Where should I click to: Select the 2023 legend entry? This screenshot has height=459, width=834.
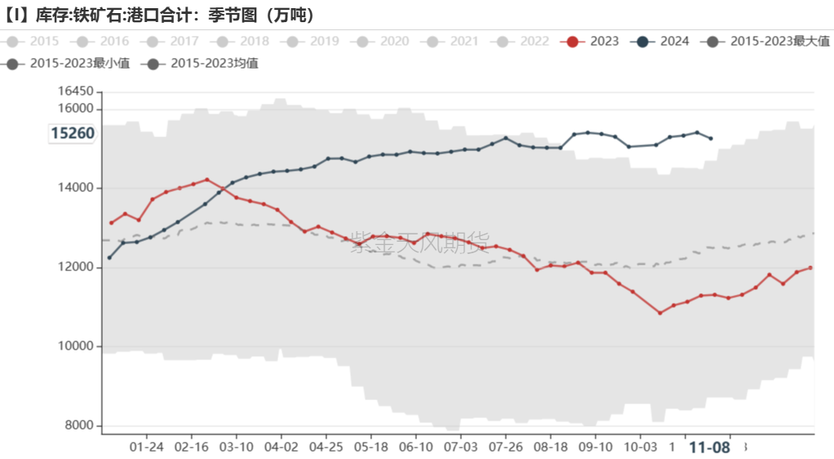point(592,41)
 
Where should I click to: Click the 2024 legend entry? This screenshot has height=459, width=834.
point(663,41)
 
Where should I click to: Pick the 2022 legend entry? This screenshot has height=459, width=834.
point(522,41)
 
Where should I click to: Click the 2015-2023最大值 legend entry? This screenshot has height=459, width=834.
point(767,41)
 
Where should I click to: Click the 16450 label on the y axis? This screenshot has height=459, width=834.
point(75,91)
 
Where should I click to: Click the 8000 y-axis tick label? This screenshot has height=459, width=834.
point(78,426)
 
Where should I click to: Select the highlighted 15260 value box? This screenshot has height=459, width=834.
point(73,133)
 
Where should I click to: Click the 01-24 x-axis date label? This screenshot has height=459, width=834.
point(147,448)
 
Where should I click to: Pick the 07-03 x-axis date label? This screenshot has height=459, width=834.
point(461,448)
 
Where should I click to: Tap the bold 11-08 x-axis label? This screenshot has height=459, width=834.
point(709,448)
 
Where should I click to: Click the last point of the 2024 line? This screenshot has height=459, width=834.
point(711,138)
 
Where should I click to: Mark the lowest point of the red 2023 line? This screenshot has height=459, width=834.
point(660,313)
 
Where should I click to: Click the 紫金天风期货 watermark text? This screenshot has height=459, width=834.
point(419,243)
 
